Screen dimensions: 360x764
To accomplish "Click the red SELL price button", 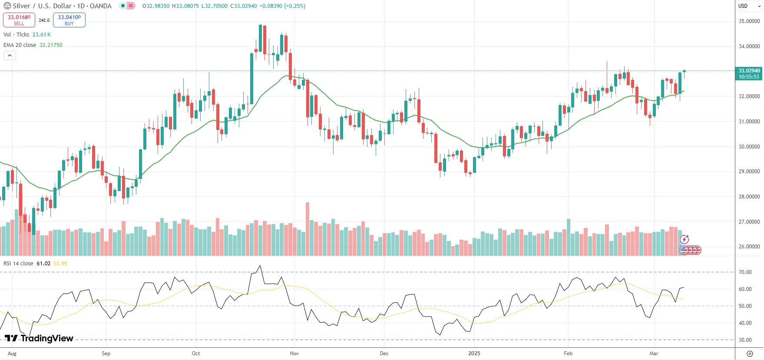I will (19, 20).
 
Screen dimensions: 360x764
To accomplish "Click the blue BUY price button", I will (69, 20).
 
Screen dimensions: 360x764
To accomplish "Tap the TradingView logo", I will (39, 338).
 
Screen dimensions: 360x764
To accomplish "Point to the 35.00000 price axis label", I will (749, 21).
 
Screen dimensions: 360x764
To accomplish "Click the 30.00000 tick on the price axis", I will (749, 147).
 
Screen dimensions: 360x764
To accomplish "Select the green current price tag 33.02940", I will (749, 73).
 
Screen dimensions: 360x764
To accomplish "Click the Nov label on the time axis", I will (294, 353).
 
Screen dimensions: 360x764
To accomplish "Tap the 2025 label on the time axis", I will (474, 353).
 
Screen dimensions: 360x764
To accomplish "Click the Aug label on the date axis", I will (12, 353).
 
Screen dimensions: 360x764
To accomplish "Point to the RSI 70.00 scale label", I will (745, 272).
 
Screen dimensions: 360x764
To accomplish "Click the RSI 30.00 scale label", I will (745, 340).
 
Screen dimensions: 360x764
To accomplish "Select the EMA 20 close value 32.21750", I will (51, 45).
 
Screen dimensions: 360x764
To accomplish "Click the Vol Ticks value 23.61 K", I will (42, 35).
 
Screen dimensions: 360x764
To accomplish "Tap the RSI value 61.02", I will (43, 264).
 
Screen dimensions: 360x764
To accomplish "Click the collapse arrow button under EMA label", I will (10, 55).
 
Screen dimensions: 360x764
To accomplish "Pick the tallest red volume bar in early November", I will (308, 228).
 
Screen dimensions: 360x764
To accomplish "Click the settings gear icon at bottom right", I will (750, 353).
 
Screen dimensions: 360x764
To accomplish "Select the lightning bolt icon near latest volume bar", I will (685, 239).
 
